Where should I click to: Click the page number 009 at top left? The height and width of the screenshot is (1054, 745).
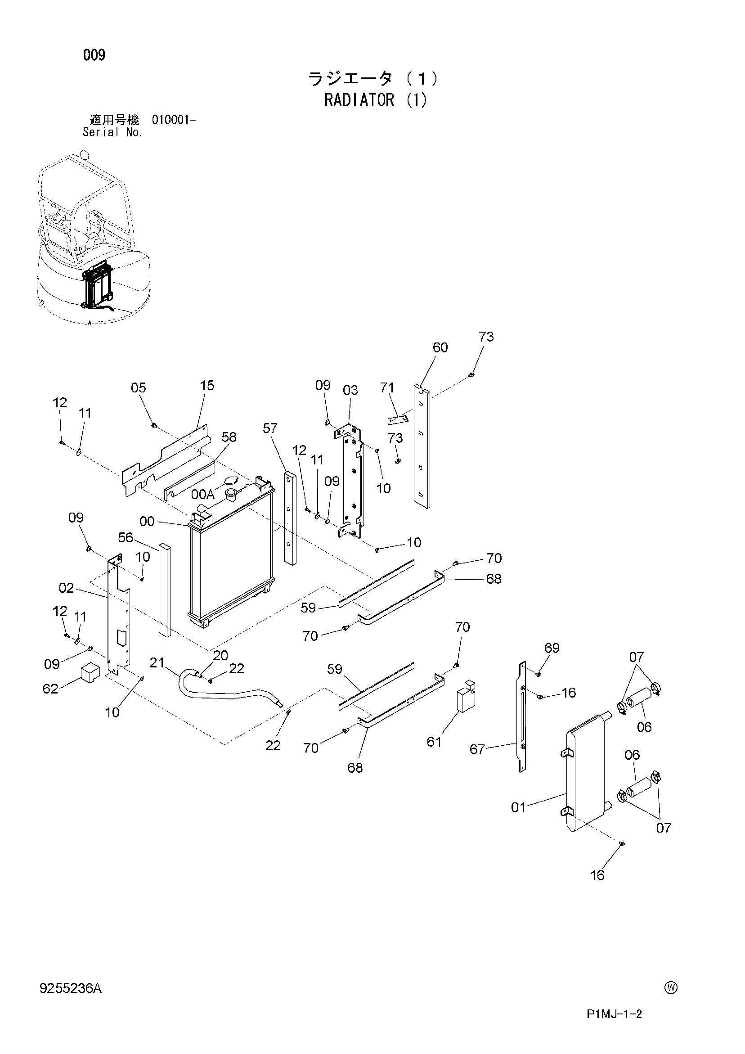click(94, 55)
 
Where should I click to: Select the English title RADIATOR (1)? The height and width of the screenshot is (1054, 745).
click(376, 100)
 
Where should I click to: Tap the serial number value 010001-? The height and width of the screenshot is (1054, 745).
click(174, 120)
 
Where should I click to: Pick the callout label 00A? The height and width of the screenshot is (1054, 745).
click(203, 494)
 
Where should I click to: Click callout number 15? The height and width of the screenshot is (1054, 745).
click(207, 386)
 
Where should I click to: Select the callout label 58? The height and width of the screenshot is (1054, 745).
click(229, 437)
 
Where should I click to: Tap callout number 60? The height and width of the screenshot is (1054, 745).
click(440, 347)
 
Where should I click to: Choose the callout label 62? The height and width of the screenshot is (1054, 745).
click(50, 689)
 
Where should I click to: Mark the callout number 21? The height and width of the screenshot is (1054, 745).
click(157, 662)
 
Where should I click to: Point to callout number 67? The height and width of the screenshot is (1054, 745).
click(477, 749)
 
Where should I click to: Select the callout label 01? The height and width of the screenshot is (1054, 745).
click(518, 807)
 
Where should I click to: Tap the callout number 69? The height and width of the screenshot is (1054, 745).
click(552, 648)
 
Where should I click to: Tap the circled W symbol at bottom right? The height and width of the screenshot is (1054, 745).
click(671, 988)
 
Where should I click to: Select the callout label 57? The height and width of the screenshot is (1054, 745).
click(270, 428)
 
